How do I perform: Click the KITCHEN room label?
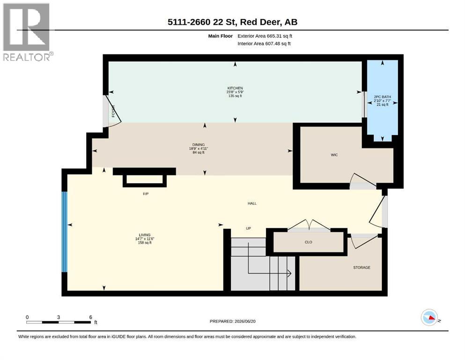click(x=235, y=88)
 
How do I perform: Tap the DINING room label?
click(x=199, y=145)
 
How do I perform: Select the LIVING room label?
click(x=145, y=235)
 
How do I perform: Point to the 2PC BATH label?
click(x=382, y=97)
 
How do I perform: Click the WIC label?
click(x=334, y=155)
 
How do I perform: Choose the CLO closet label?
click(x=309, y=242)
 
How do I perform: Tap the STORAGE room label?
click(x=362, y=268)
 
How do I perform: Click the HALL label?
click(x=252, y=203)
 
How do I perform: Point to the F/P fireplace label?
click(x=146, y=194)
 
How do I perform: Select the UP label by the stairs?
click(x=249, y=229)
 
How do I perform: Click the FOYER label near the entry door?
click(x=113, y=111)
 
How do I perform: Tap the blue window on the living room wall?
click(x=64, y=232)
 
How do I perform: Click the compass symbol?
click(x=429, y=317)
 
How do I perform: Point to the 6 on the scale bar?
click(x=91, y=317)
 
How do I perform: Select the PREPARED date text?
click(x=232, y=322)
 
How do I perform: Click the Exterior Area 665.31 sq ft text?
click(x=265, y=36)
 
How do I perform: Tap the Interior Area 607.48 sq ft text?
click(x=264, y=44)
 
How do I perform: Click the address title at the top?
click(x=232, y=22)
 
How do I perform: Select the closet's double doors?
click(x=309, y=225)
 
